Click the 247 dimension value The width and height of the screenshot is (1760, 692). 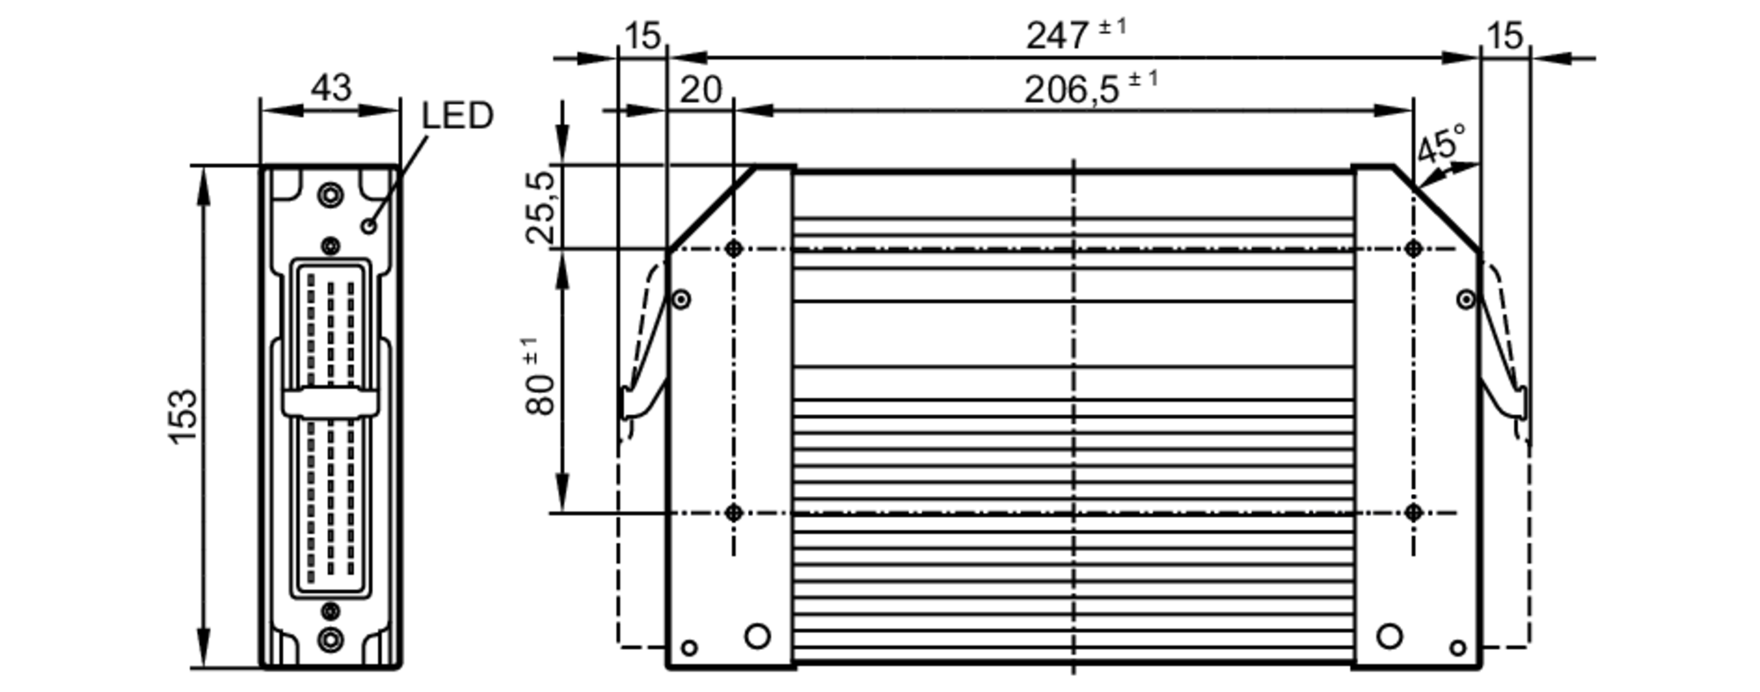[1058, 36]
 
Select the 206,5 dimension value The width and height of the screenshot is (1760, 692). [1072, 90]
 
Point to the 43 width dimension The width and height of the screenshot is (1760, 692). [331, 88]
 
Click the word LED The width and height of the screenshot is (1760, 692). [457, 116]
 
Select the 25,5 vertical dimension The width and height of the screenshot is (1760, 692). [540, 208]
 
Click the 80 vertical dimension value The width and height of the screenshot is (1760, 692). [541, 389]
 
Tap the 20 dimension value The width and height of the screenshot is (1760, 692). [700, 90]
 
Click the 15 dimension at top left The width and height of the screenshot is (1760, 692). [642, 37]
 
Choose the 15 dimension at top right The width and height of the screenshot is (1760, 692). [1505, 37]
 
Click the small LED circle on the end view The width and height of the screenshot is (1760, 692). [370, 226]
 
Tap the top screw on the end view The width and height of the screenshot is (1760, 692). [331, 195]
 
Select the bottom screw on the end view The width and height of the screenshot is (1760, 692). [331, 639]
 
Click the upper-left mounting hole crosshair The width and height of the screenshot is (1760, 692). [734, 249]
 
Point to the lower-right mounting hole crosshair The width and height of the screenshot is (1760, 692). [1413, 513]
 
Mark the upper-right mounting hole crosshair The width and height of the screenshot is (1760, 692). [1413, 249]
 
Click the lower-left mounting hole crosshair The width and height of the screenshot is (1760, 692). [734, 513]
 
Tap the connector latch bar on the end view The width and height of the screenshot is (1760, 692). [330, 402]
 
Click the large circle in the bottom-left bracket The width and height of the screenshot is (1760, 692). [757, 636]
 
